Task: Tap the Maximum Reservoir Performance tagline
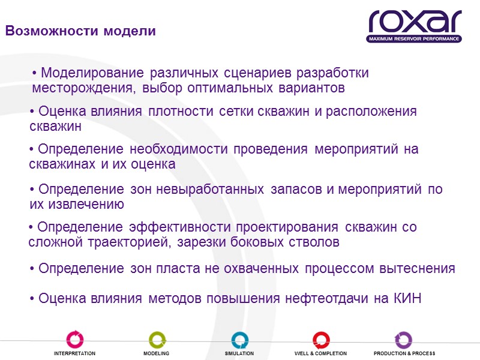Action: [415, 39]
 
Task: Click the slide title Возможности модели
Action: [80, 31]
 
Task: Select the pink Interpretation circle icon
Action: [75, 340]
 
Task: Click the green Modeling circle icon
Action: [157, 340]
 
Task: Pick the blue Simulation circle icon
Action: [239, 340]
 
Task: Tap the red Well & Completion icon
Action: [321, 340]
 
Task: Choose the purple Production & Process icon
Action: [403, 340]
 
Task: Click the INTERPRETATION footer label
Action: [74, 354]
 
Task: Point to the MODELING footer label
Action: [156, 354]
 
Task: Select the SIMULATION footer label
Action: [239, 354]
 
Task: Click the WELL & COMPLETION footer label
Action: [320, 354]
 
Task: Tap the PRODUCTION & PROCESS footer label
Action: [404, 354]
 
